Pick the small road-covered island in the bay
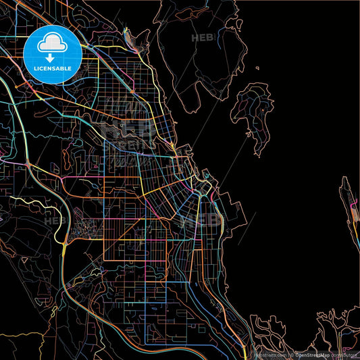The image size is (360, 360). pos(253,108)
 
